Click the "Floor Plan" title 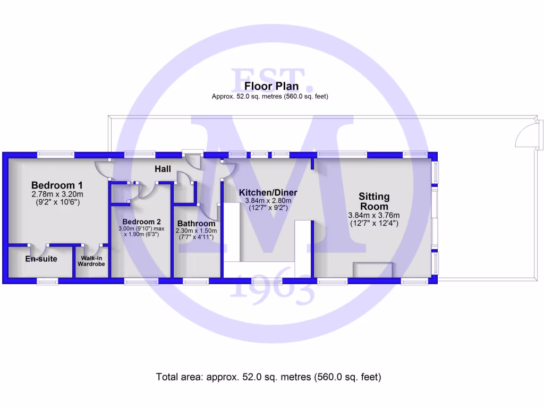[x=271, y=86]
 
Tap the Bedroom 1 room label [x=57, y=185]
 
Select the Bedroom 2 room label [x=141, y=222]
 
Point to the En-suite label [x=41, y=259]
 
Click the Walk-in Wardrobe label [x=92, y=260]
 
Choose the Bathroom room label [x=196, y=224]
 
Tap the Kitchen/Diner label [x=268, y=192]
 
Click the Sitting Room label [x=374, y=201]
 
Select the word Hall [x=163, y=169]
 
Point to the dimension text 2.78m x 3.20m [x=57, y=194]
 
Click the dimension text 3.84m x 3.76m [x=374, y=215]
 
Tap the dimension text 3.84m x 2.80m [x=268, y=201]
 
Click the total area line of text [x=269, y=377]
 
